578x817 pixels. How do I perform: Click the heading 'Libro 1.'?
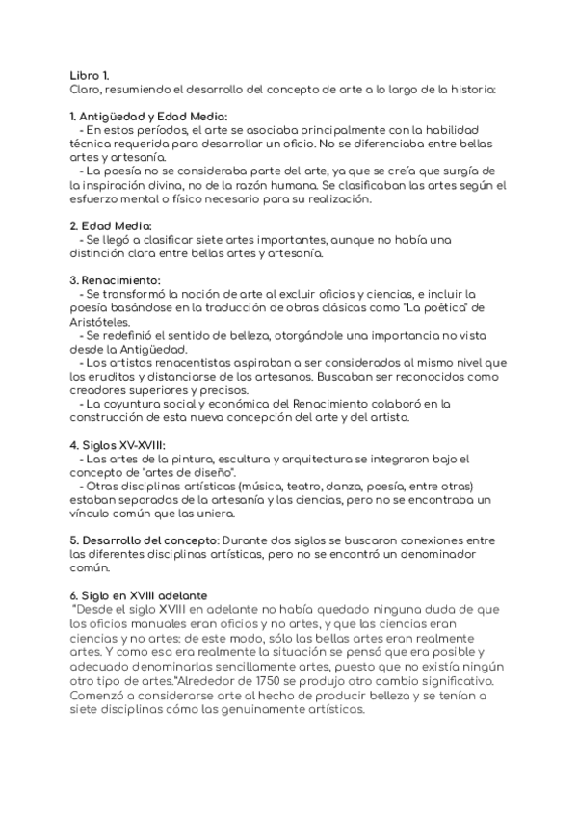click(x=91, y=75)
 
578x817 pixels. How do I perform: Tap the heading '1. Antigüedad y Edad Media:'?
click(x=148, y=117)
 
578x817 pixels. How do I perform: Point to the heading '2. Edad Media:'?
click(x=112, y=225)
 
